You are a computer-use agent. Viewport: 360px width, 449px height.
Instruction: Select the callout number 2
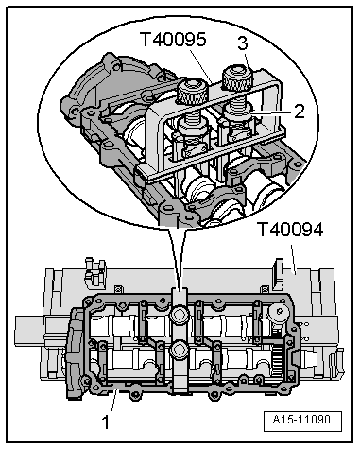pos(298,110)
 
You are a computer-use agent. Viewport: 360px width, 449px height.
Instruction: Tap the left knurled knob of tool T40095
pos(192,92)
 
